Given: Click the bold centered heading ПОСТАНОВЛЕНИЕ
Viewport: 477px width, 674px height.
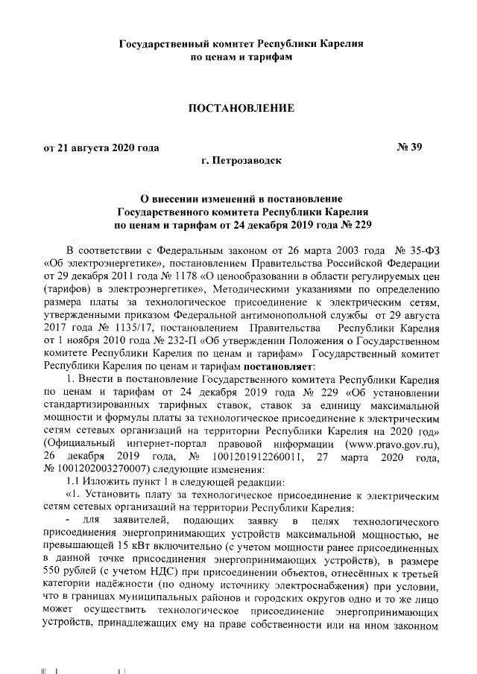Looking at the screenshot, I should [241, 109].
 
